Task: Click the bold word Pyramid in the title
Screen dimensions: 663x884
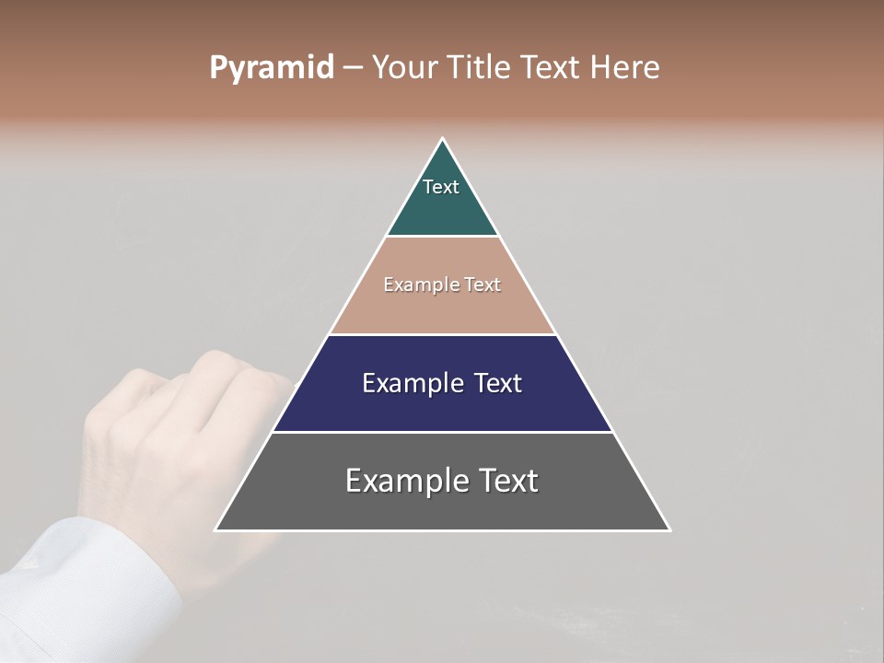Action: [272, 68]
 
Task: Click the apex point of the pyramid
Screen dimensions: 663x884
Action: [442, 139]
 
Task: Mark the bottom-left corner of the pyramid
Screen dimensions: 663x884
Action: [216, 529]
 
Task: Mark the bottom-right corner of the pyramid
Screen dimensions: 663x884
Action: [669, 529]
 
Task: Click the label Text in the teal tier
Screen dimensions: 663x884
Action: [441, 187]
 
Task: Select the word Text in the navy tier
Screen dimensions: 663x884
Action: [497, 383]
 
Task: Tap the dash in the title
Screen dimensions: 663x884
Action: [352, 68]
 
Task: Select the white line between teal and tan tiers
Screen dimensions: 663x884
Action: [442, 237]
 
